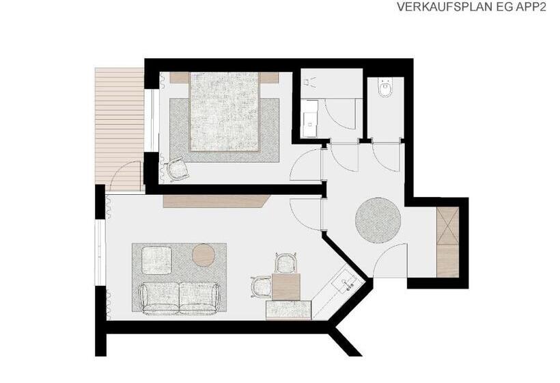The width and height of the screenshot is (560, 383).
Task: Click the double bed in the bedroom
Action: click(224, 111)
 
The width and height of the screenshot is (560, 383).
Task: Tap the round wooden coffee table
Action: click(204, 255)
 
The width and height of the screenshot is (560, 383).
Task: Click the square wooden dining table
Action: click(285, 287)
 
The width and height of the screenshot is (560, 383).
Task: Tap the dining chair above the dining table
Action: click(286, 263)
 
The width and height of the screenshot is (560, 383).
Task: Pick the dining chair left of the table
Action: click(262, 287)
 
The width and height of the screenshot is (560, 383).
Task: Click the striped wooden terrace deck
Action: click(119, 129)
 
